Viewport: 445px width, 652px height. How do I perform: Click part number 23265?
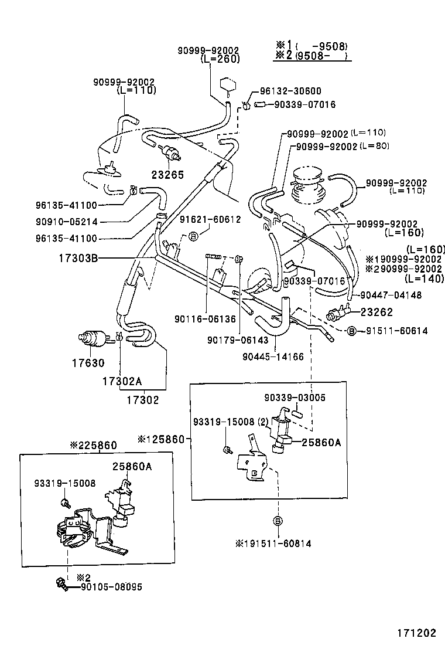click(167, 174)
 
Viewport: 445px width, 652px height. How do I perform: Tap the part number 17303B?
click(78, 257)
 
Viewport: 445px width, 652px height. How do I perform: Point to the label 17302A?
click(122, 381)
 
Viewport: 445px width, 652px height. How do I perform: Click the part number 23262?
click(376, 312)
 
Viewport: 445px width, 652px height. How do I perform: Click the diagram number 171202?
click(414, 633)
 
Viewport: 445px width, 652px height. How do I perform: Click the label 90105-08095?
click(111, 586)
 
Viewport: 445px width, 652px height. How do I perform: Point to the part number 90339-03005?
click(294, 398)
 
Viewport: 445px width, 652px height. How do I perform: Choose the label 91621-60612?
click(210, 219)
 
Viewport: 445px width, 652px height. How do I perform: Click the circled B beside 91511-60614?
click(351, 331)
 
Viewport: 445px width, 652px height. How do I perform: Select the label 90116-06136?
click(204, 319)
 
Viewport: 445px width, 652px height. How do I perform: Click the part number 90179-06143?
click(237, 339)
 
